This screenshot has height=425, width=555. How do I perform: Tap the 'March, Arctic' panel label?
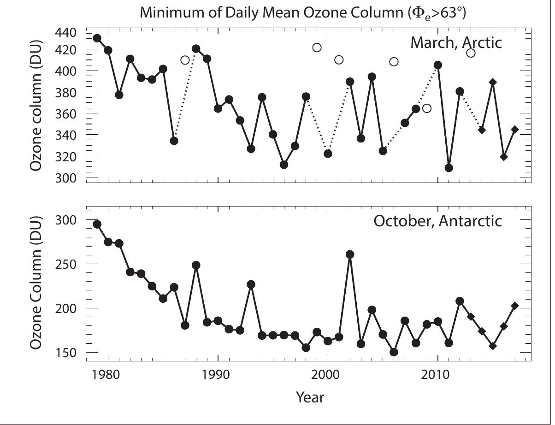click(x=455, y=43)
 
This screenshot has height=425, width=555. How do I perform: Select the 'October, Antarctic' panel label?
click(x=437, y=221)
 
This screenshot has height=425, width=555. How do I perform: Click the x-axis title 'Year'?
click(x=310, y=396)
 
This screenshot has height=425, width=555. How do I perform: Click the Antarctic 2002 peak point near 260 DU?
click(x=350, y=254)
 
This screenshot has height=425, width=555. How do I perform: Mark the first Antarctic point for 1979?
click(x=97, y=224)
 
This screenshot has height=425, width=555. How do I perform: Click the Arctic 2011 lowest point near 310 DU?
click(x=449, y=168)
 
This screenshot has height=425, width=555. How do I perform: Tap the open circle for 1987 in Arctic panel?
click(x=185, y=60)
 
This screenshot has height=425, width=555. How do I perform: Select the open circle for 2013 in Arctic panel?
click(x=471, y=53)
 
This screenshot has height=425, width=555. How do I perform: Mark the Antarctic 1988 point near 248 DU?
click(x=196, y=265)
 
